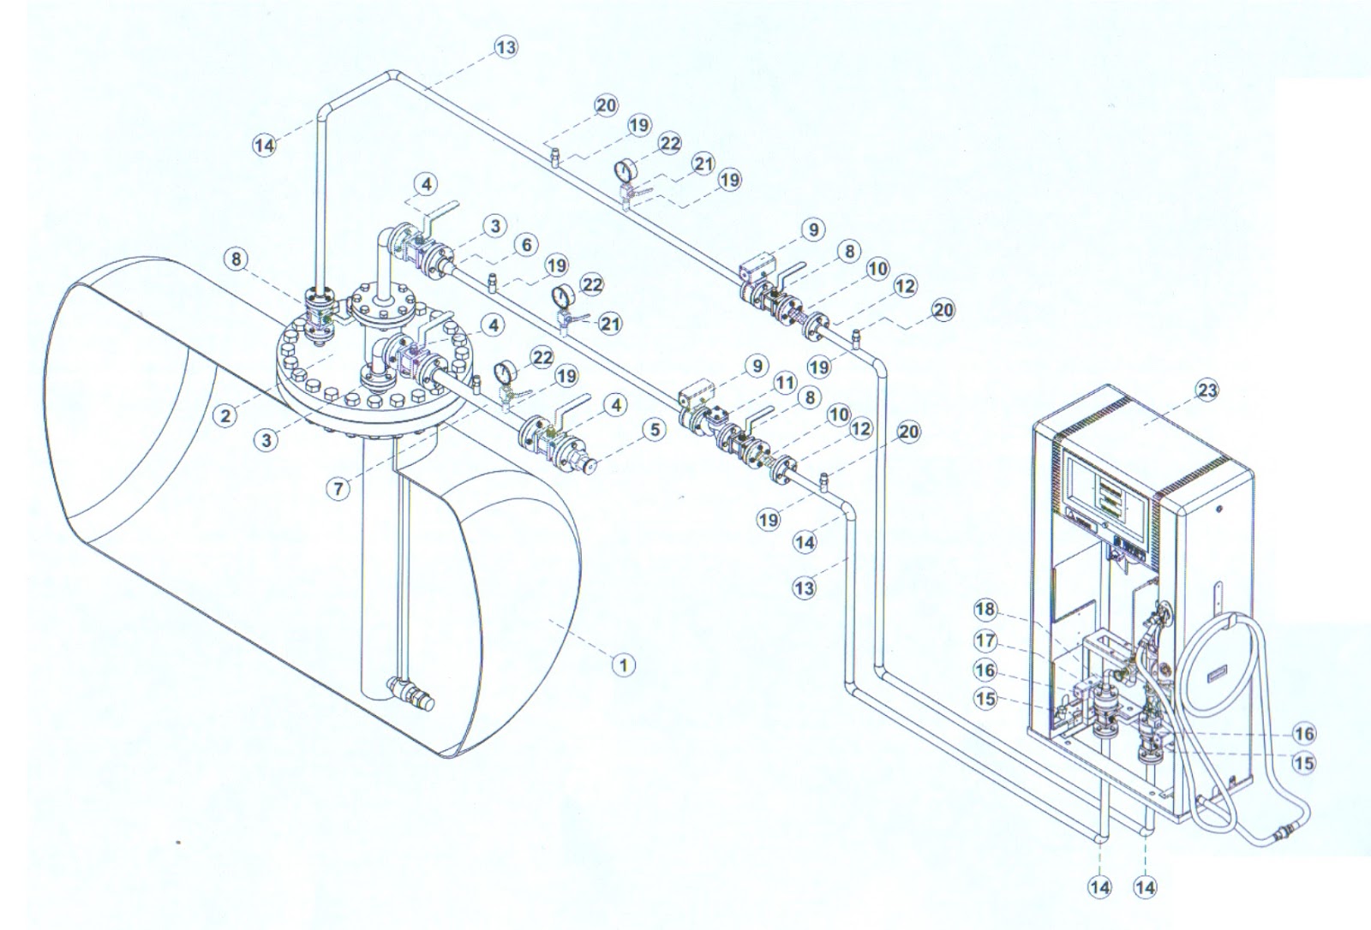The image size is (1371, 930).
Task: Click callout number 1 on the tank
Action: (624, 664)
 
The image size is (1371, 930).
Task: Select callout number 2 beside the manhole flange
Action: (225, 416)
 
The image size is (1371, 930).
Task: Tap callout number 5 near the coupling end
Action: (655, 429)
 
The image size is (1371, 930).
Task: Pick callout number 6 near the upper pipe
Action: (526, 246)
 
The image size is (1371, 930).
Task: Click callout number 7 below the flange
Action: (340, 489)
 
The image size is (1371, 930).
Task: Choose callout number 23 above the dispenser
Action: (1206, 390)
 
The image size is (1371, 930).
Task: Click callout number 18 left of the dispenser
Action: (986, 610)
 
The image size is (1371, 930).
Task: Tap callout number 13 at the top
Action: (506, 48)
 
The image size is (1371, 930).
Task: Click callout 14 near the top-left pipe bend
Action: (266, 145)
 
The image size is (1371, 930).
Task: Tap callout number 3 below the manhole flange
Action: (267, 440)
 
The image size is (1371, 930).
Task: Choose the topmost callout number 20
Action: (605, 106)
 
